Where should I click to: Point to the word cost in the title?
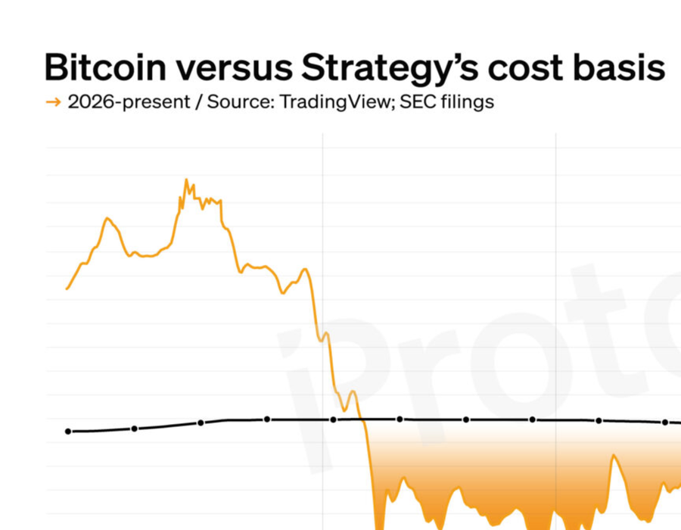(x=527, y=67)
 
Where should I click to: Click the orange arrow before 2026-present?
(x=53, y=101)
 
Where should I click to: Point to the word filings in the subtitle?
(x=465, y=101)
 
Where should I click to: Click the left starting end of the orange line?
(x=67, y=288)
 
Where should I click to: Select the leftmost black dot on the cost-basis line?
(x=68, y=432)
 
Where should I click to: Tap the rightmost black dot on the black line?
(x=665, y=422)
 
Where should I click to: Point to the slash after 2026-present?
(x=196, y=101)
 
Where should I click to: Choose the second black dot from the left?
(x=135, y=429)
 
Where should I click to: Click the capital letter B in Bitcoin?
(x=56, y=67)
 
